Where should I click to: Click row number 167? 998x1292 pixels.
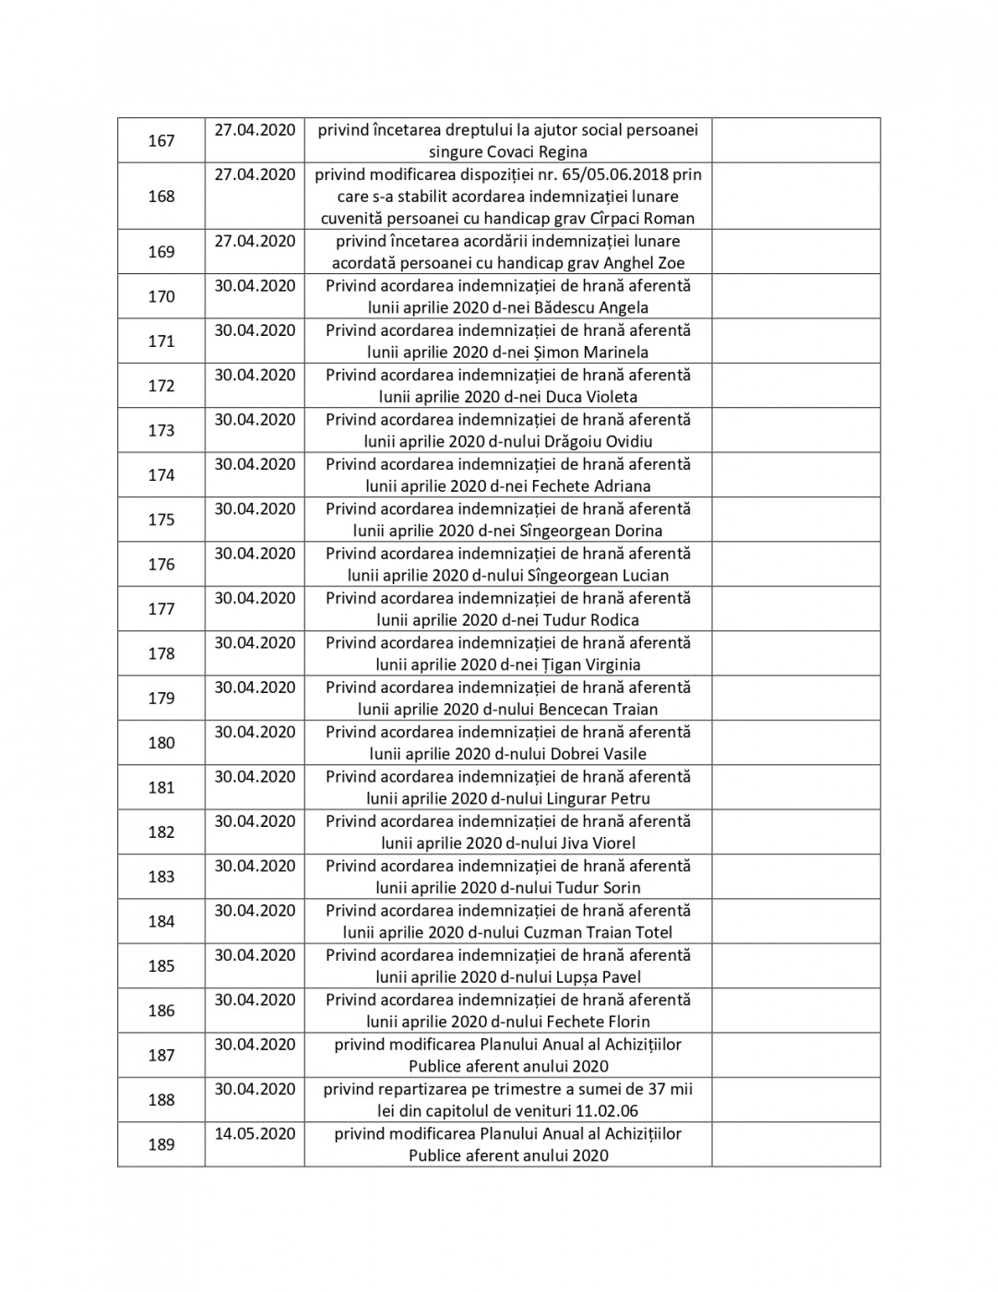161,141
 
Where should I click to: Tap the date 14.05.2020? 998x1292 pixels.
255,1133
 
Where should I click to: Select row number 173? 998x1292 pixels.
161,430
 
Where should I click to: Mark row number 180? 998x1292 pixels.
161,743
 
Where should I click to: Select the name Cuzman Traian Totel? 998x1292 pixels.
598,932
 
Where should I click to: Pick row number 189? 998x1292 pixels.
161,1144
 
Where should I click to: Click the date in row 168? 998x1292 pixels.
255,174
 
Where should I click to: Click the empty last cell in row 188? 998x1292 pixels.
795,1100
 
